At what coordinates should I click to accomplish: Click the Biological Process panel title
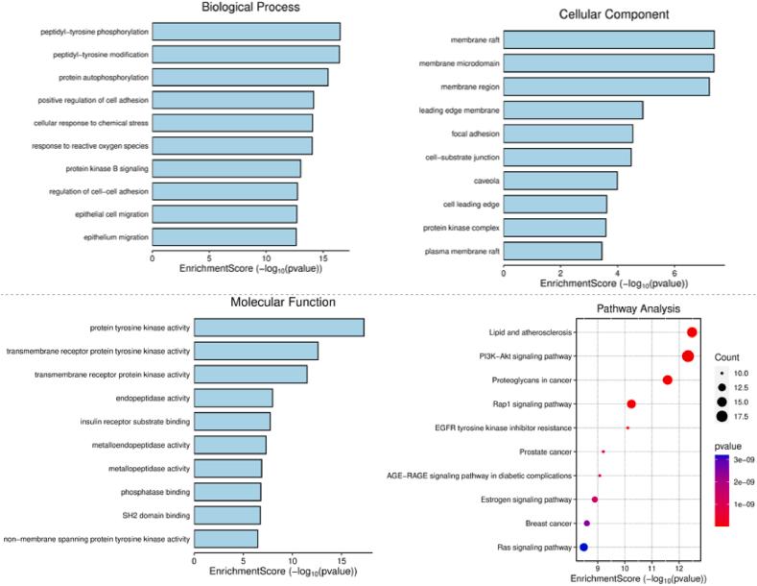point(250,8)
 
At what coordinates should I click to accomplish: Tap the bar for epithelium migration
point(224,236)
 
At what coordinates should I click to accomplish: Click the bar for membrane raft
point(608,39)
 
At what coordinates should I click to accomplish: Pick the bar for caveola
point(560,181)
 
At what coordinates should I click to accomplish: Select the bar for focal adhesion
point(568,134)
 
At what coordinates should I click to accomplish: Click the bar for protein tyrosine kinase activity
point(278,328)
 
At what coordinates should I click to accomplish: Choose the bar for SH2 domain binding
point(226,516)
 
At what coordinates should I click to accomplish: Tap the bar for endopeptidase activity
point(233,398)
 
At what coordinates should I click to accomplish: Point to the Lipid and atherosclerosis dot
point(692,332)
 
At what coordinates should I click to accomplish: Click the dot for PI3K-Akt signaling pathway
point(688,356)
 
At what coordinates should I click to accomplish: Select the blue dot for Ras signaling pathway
point(583,547)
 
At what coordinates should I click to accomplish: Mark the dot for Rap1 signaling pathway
point(631,404)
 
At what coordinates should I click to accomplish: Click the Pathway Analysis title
point(638,309)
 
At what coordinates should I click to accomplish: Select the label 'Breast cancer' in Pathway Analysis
point(550,524)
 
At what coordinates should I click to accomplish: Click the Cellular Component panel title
point(613,13)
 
